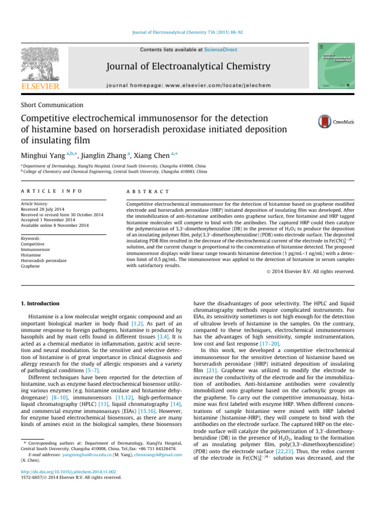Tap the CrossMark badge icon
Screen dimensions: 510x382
325,122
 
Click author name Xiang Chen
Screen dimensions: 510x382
152,156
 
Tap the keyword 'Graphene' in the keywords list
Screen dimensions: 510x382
30,266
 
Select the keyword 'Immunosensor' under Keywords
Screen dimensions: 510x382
35,250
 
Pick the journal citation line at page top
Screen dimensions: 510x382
191,32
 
